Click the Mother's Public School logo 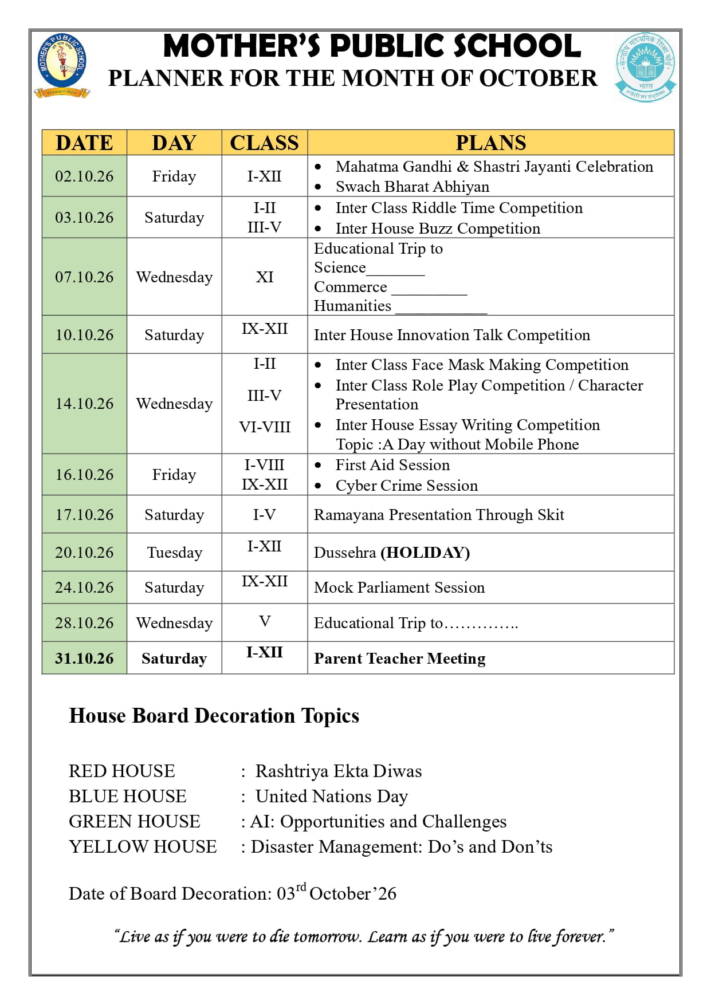pos(62,65)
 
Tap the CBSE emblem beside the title pos(646,67)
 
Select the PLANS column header pos(490,143)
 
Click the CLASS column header pos(264,143)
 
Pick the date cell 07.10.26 pos(84,277)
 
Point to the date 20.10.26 pos(84,553)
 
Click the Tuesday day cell pos(174,553)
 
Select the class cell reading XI pos(264,277)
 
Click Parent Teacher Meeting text pos(399,659)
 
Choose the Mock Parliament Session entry pos(399,588)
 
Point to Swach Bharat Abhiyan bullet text pos(412,187)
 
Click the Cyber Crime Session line pos(406,486)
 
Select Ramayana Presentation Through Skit pos(439,515)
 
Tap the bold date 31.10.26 pos(84,659)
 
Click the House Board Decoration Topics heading pos(214,716)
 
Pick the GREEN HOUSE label pos(134,822)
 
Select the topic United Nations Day pos(332,797)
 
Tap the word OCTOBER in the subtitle pos(537,78)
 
